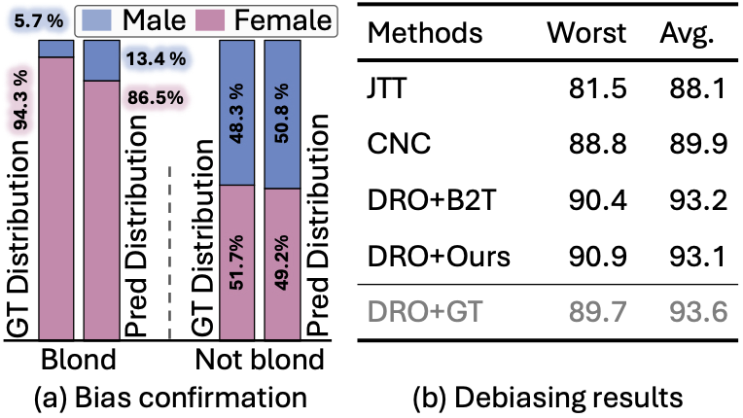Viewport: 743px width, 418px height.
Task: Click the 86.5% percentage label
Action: point(155,98)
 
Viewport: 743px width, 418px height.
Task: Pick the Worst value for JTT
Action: point(598,88)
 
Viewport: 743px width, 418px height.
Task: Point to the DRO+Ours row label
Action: point(439,258)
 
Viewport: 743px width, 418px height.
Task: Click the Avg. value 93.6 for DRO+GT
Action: point(692,312)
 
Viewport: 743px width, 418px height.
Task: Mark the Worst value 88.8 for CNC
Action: point(598,145)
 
